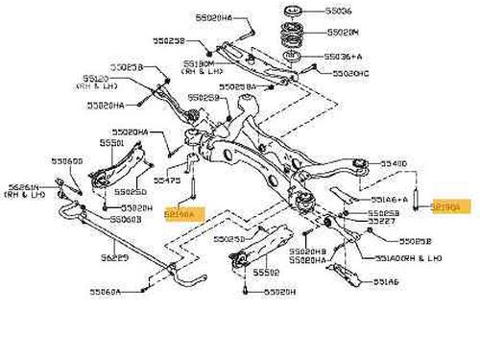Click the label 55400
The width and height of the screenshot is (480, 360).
pos(395,164)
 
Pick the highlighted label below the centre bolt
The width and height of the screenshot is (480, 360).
pos(179,217)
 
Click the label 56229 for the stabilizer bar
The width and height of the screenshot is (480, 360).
pos(116,257)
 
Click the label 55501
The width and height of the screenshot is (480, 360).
pos(112,142)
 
